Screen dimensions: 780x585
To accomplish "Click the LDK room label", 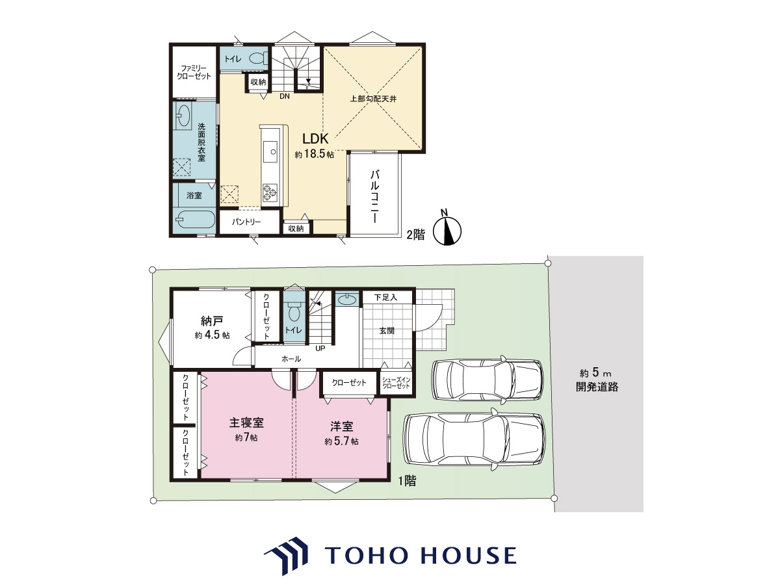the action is click(x=315, y=138).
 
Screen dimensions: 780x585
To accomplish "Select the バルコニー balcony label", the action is click(x=374, y=196).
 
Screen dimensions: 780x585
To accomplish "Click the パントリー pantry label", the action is click(x=246, y=222).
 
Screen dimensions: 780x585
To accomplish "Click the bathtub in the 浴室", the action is click(x=195, y=220).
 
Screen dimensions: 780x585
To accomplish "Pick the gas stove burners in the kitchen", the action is click(x=269, y=193).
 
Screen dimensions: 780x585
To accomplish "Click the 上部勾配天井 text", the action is click(x=373, y=99).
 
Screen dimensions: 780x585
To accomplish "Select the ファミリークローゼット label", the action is click(x=194, y=72).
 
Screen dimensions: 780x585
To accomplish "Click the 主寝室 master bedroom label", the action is click(x=246, y=422).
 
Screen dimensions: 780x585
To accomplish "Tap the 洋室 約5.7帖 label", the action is click(x=341, y=433).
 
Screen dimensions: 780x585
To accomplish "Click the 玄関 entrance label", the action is click(x=387, y=331).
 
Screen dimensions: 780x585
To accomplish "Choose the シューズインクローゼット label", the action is click(x=396, y=383).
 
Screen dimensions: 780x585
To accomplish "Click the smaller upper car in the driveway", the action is click(x=487, y=380).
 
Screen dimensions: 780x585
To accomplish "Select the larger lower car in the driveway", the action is click(x=474, y=440).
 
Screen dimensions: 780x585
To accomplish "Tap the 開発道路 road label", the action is click(x=597, y=387).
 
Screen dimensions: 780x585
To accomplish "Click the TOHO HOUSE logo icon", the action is click(x=286, y=556).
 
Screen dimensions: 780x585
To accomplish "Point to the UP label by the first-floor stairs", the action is click(x=320, y=348).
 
